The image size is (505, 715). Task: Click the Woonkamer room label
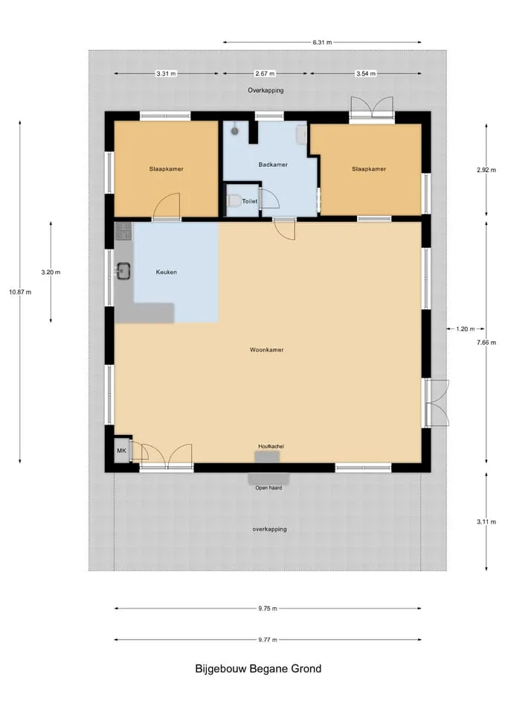(x=266, y=350)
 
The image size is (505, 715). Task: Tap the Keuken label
(x=166, y=272)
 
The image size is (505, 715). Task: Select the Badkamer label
(x=273, y=165)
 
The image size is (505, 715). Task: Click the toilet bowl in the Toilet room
(x=234, y=200)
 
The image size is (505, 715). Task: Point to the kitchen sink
(x=123, y=270)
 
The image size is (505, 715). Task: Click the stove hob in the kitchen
(x=123, y=231)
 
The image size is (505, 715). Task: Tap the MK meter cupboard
(x=121, y=451)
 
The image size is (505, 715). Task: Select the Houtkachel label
(x=271, y=446)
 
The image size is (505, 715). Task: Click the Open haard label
(x=268, y=488)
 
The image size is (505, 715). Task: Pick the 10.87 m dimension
(x=20, y=292)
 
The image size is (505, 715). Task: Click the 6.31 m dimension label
(x=322, y=42)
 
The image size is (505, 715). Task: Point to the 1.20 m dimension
(x=465, y=328)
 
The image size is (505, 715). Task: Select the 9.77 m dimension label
(x=268, y=640)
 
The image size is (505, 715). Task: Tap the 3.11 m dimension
(x=486, y=521)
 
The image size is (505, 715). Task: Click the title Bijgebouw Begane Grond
(x=258, y=669)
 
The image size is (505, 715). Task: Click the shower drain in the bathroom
(x=234, y=131)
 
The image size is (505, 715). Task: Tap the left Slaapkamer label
(x=166, y=169)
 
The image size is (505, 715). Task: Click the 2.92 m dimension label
(x=486, y=170)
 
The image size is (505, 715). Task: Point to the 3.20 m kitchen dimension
(x=51, y=273)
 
